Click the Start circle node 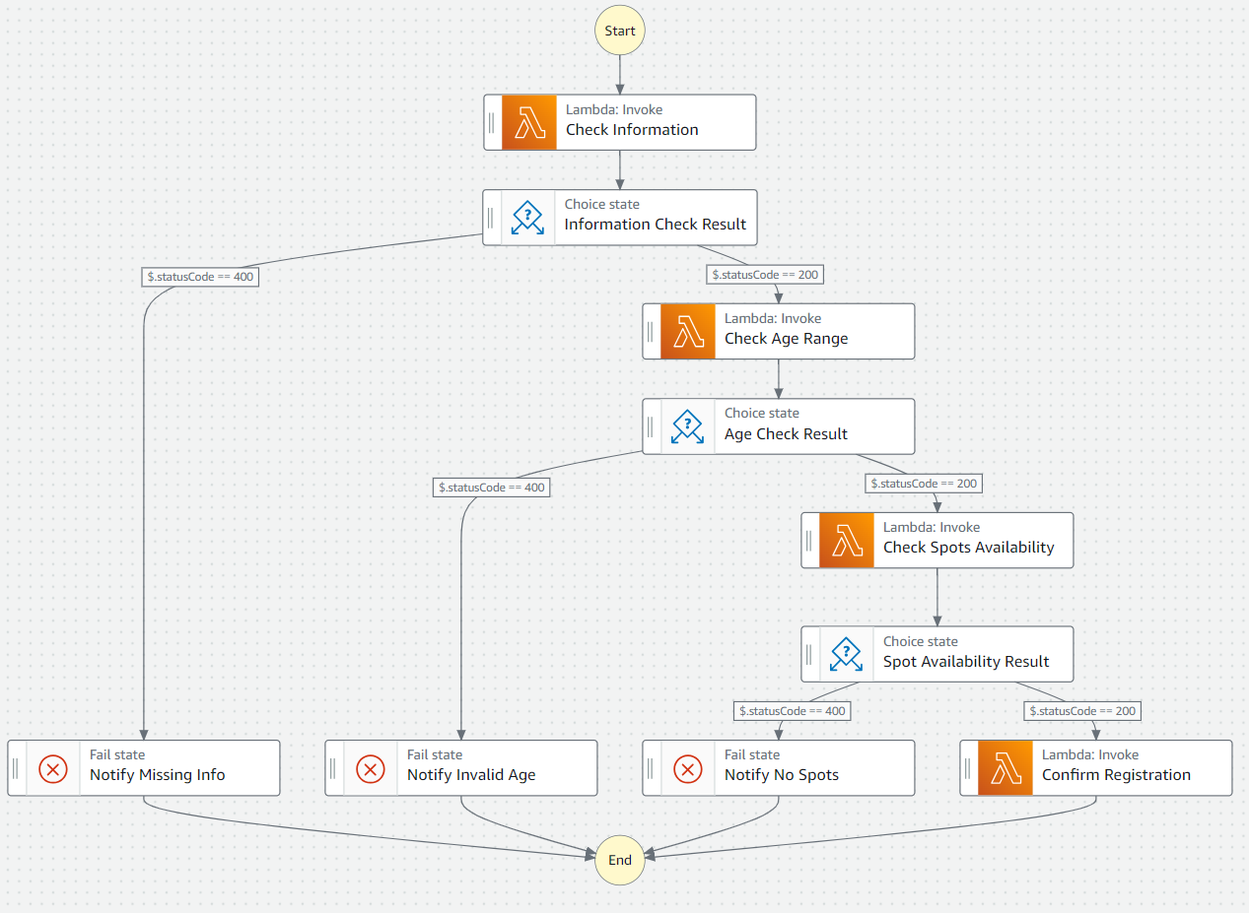620,31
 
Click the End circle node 620,860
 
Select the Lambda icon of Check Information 529,122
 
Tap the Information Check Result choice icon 527,217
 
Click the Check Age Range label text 786,339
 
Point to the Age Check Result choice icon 687,425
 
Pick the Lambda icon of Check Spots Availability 846,540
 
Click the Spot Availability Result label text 965,662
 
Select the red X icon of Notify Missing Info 53,768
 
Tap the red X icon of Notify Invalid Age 371,768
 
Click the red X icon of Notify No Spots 688,768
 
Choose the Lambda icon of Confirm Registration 1006,768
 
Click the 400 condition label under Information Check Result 200,277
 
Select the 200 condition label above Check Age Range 764,275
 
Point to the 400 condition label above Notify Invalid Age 491,487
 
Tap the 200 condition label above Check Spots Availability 924,484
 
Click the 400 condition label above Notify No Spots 792,710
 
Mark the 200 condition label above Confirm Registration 1082,710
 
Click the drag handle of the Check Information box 492,122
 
